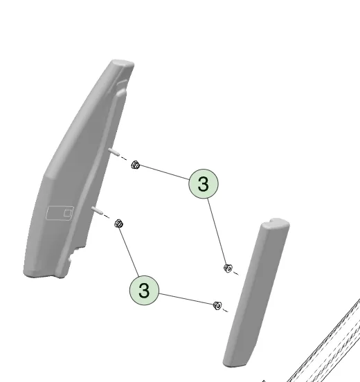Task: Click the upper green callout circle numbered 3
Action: [x=204, y=183]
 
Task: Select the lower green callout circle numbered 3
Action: [x=144, y=290]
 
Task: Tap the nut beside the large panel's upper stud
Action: [x=135, y=165]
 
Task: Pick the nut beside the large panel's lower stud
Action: [x=118, y=224]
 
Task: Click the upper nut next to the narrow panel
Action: [x=228, y=269]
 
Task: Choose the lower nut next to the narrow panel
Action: [x=217, y=305]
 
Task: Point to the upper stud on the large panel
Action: [x=114, y=152]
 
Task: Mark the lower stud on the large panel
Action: [x=96, y=210]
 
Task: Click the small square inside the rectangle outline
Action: [x=68, y=213]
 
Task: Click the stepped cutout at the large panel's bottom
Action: [x=73, y=257]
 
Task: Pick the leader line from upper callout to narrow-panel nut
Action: [x=217, y=231]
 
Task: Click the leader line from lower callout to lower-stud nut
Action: [x=129, y=252]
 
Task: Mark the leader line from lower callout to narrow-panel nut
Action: [x=186, y=299]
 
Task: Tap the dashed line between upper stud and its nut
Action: [x=123, y=158]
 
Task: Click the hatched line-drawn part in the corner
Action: [x=324, y=346]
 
